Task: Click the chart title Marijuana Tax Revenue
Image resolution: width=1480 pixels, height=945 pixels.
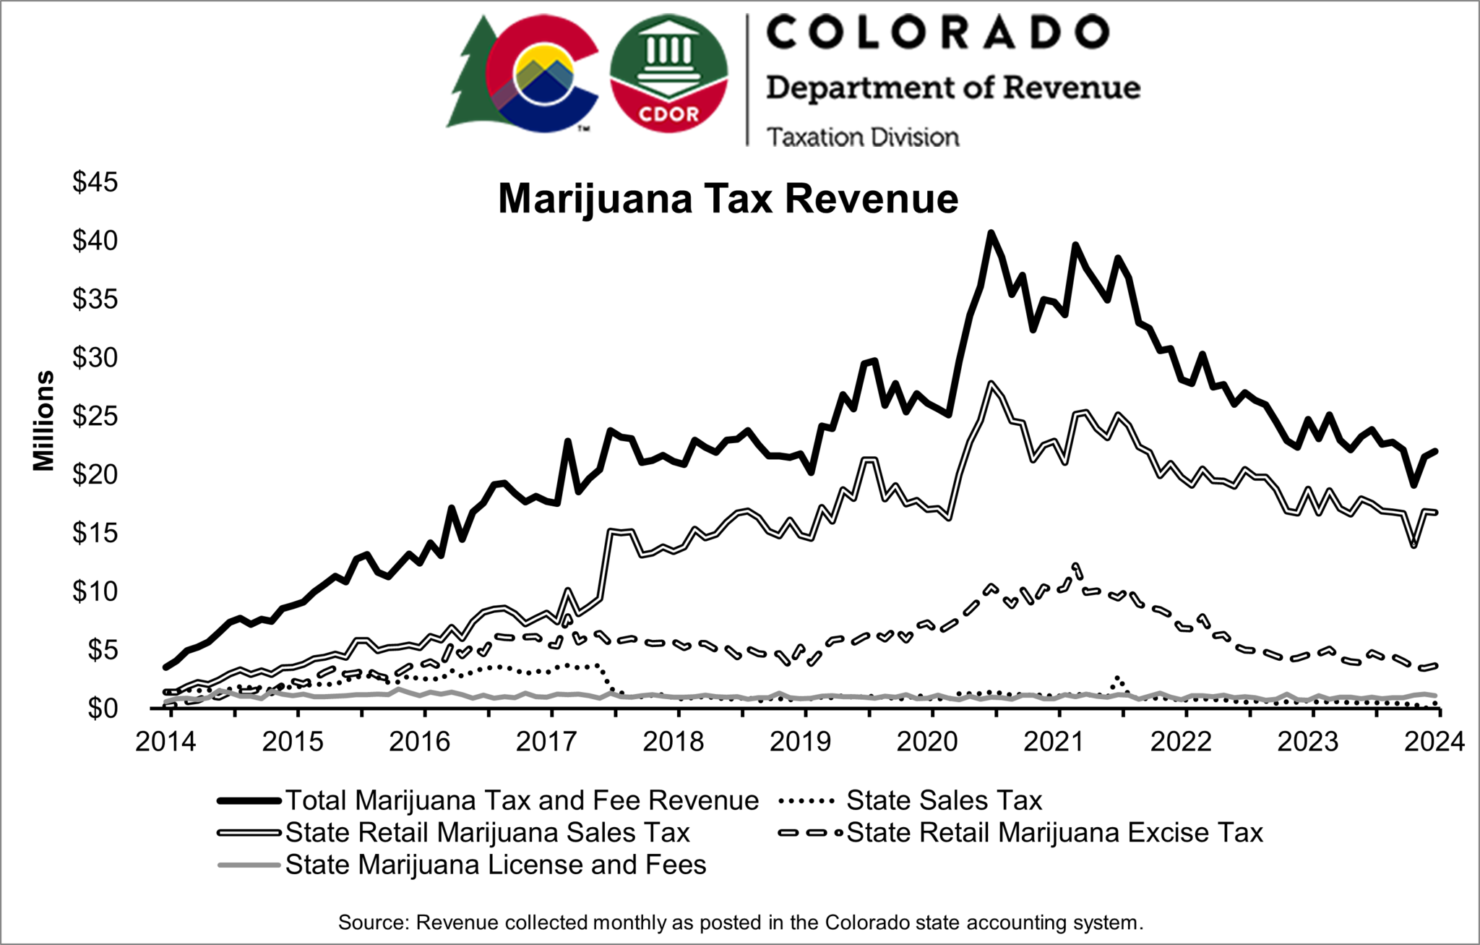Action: click(728, 199)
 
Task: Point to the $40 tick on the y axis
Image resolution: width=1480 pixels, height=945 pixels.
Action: click(95, 241)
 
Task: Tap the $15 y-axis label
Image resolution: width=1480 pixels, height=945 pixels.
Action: click(95, 534)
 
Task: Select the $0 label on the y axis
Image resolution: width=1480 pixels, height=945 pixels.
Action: click(102, 709)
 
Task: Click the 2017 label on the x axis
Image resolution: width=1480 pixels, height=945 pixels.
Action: click(546, 742)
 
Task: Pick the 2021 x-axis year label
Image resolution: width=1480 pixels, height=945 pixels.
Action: click(1054, 742)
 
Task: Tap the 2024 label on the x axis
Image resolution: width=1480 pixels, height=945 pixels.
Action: click(1434, 742)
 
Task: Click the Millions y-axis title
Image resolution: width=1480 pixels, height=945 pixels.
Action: click(43, 421)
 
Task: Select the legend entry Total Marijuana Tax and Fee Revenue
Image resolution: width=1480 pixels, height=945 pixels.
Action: click(521, 800)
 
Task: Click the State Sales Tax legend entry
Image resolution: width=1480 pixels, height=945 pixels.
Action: click(944, 800)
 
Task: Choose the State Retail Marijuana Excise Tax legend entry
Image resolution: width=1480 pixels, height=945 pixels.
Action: click(1054, 833)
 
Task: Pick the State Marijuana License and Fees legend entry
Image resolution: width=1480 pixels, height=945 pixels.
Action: click(495, 865)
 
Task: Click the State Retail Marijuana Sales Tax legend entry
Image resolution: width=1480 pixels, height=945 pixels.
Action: click(487, 833)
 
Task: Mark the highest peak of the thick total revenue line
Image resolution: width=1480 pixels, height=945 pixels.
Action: click(991, 233)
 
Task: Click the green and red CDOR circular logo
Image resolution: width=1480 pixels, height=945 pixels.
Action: click(668, 74)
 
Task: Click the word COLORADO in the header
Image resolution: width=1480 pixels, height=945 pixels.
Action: click(937, 33)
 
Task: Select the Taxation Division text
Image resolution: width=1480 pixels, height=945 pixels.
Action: click(863, 137)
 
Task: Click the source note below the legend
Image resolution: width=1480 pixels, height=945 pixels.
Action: click(740, 923)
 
